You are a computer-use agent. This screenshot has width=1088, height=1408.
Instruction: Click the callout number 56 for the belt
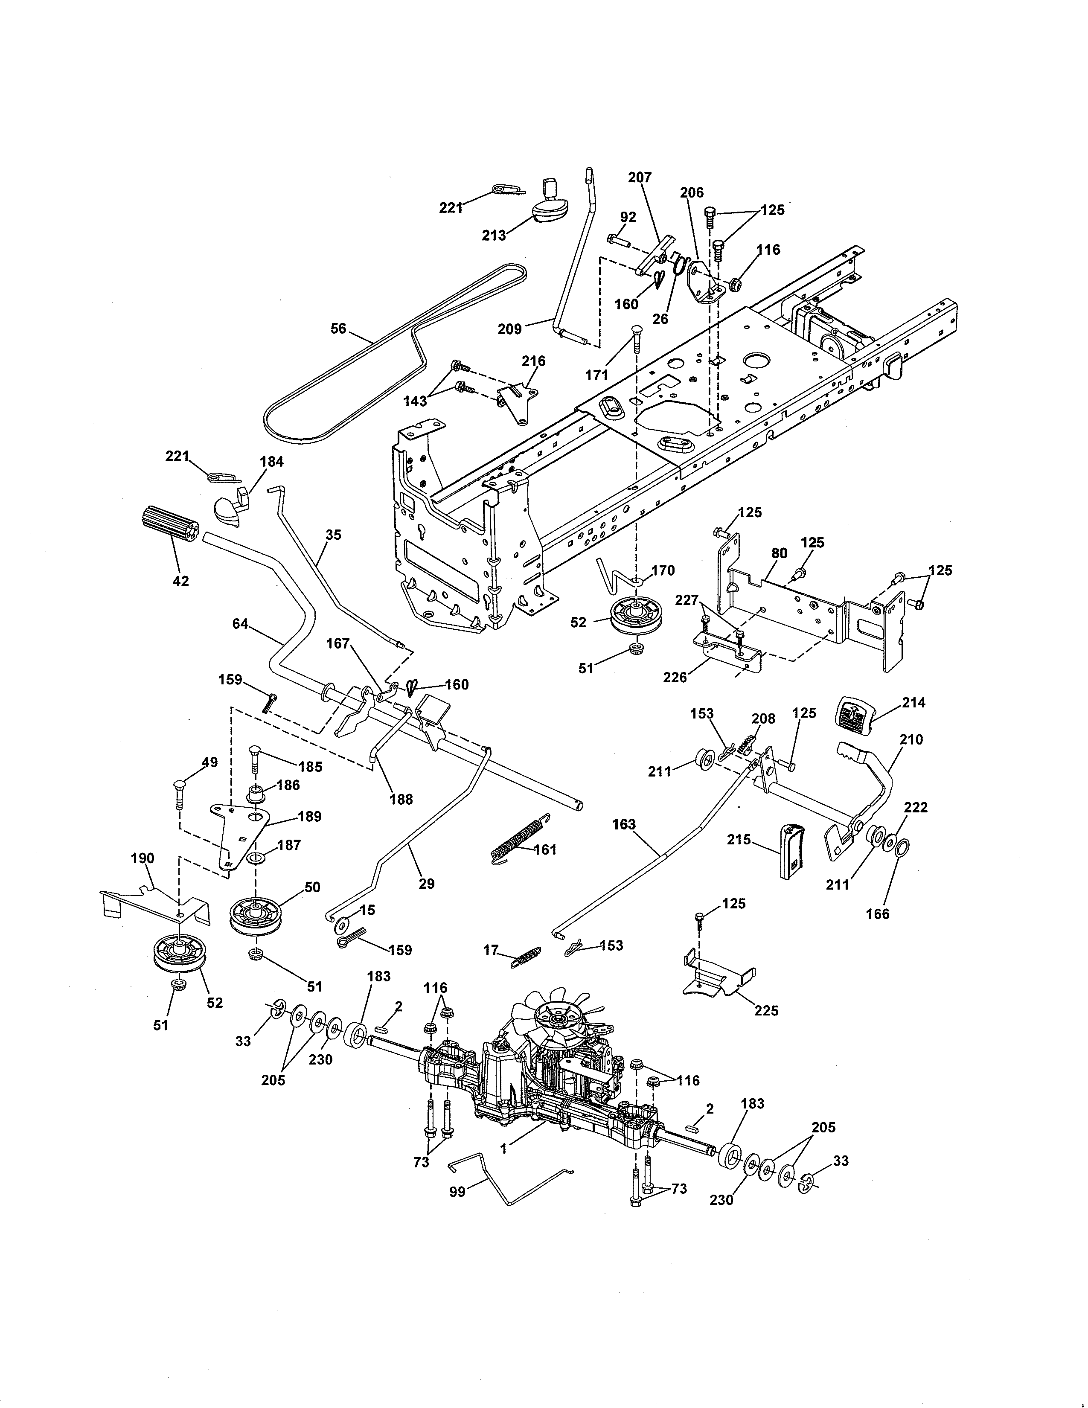coord(338,329)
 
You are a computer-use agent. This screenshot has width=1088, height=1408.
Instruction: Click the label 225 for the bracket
coord(766,1010)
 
